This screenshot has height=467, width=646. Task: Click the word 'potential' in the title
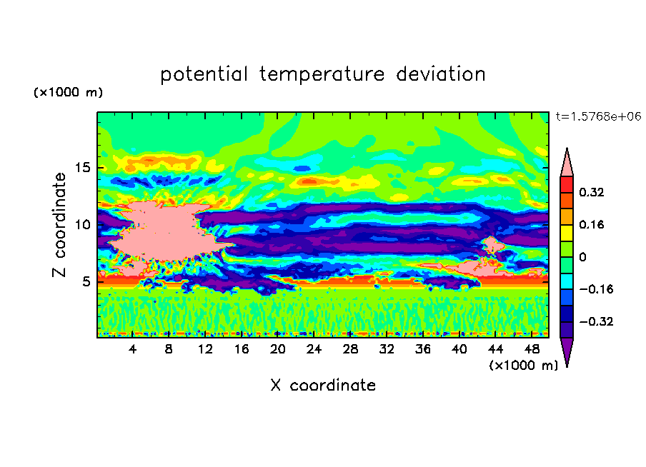[204, 75]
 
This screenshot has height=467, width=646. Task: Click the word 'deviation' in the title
[441, 74]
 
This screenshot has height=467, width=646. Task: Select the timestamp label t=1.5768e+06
[598, 116]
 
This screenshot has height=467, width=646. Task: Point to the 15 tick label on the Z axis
[83, 168]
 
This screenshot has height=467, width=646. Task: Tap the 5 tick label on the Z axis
[86, 281]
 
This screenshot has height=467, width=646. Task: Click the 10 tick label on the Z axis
[83, 225]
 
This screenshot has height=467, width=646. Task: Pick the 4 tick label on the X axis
[132, 349]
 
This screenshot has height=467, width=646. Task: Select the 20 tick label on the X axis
[278, 349]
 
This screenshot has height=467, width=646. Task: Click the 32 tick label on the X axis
[387, 349]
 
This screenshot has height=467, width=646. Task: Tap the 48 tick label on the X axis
[532, 349]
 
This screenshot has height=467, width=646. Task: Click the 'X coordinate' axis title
[323, 385]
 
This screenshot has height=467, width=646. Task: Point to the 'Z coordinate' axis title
[59, 225]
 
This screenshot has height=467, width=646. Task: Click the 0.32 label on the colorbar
[592, 192]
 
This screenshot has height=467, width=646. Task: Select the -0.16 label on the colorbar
[596, 289]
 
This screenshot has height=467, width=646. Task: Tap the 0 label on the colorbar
[582, 257]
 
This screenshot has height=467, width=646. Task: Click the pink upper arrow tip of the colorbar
[567, 149]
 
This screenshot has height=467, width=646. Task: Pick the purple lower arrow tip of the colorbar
[567, 365]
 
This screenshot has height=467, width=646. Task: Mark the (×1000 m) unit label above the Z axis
[68, 92]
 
